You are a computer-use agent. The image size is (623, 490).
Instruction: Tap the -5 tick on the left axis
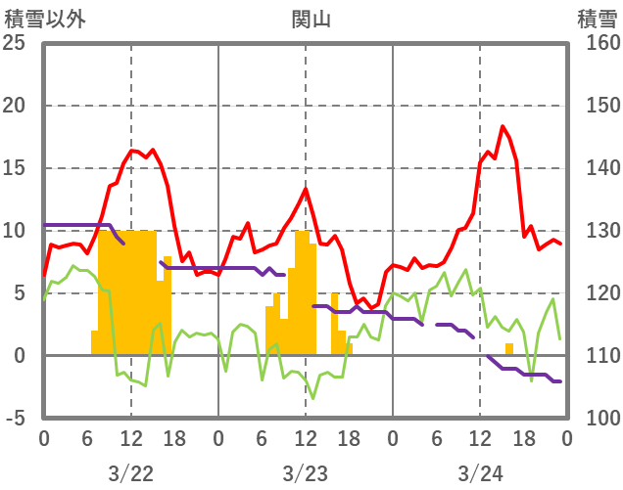click(x=17, y=419)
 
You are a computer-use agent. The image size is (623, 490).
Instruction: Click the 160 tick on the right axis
click(x=597, y=43)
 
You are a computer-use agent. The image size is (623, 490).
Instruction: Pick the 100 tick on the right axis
click(x=597, y=419)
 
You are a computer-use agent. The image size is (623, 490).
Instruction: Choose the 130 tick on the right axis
click(x=597, y=231)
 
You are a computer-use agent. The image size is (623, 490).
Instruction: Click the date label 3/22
click(x=131, y=474)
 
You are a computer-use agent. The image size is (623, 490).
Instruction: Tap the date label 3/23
click(x=306, y=474)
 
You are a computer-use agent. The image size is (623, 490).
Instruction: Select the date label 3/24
click(x=480, y=474)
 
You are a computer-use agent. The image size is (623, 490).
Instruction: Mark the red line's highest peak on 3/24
click(x=503, y=126)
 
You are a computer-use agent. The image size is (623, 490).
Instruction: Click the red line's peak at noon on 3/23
click(x=306, y=189)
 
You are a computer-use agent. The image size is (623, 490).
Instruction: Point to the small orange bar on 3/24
click(x=509, y=349)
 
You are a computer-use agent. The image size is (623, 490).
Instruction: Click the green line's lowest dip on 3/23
click(x=312, y=397)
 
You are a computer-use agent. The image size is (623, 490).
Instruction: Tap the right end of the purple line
click(x=560, y=381)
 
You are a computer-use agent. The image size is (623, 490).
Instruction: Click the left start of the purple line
click(x=45, y=225)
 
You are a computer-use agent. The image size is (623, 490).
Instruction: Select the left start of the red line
click(x=44, y=275)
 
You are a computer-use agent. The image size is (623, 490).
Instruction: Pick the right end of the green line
click(x=560, y=338)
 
